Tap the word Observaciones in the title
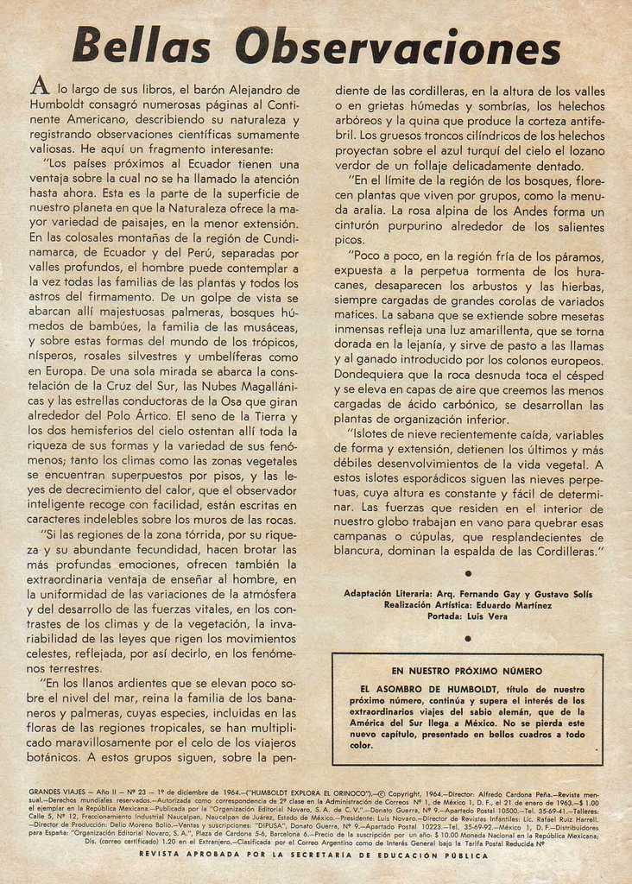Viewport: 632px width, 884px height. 397,47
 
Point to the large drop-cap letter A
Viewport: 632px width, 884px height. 39,85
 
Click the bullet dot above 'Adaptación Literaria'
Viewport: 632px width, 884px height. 467,573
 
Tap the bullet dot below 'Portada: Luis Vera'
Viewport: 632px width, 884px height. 467,639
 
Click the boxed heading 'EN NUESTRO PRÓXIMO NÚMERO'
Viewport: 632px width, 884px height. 466,671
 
